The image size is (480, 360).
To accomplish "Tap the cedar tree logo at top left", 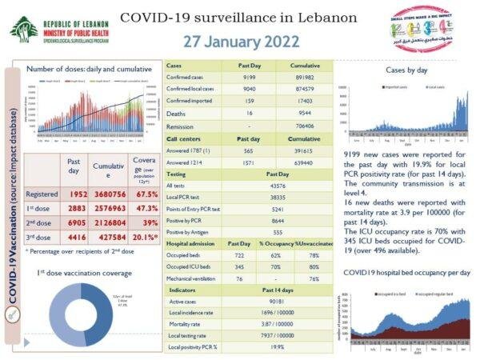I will pyautogui.click(x=23, y=29).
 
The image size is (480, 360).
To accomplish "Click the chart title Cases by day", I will pyautogui.click(x=407, y=70).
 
